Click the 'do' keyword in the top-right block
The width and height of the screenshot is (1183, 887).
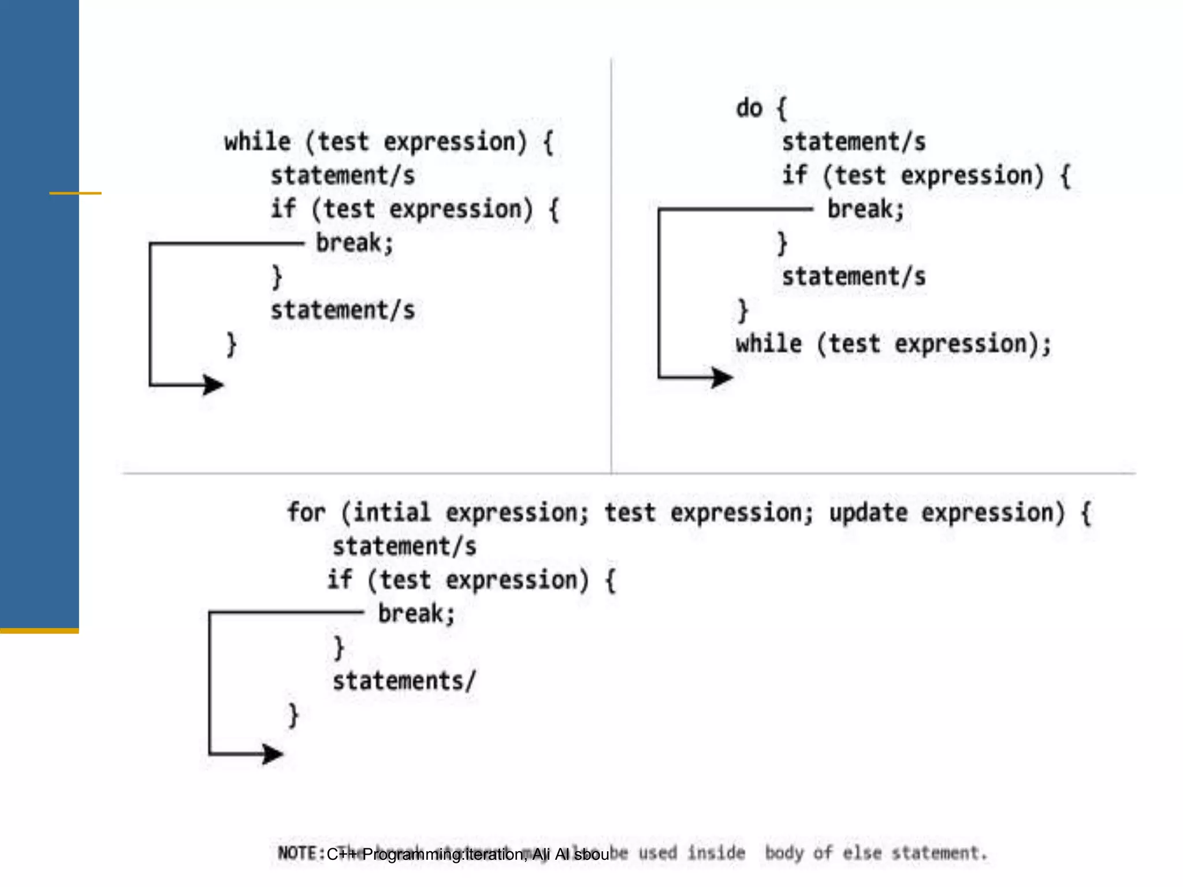749,108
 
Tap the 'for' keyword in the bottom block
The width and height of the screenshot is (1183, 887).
307,512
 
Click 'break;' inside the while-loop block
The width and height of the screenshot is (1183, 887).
354,243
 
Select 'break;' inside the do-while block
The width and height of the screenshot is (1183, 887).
865,209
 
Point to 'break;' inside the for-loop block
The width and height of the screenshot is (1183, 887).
416,613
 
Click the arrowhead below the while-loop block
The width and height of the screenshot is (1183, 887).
213,385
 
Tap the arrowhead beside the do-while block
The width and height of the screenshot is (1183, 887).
721,378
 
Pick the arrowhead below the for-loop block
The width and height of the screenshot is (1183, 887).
272,754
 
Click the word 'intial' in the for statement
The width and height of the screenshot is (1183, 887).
392,512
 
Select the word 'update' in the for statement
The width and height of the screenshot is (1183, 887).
868,513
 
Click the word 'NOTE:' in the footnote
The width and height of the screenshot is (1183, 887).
301,853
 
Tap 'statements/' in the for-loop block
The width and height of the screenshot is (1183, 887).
404,681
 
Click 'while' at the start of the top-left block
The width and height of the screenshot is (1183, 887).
258,142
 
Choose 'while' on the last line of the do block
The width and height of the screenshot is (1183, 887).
769,344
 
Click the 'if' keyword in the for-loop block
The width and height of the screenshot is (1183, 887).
340,580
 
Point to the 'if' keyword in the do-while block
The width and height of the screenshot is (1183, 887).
795,175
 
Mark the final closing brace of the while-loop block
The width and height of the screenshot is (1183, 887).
231,345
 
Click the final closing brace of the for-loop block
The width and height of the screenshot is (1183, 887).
293,715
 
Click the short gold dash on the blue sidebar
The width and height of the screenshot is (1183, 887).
75,193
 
